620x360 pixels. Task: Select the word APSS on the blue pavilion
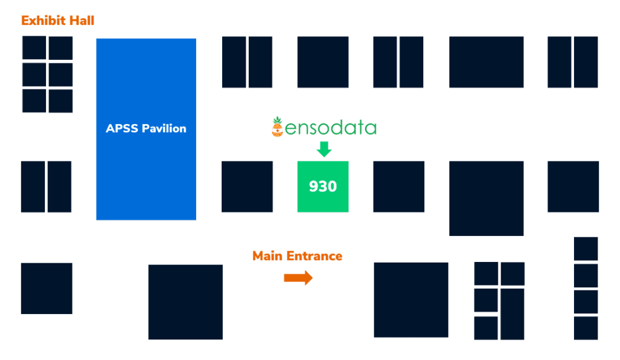click(x=120, y=128)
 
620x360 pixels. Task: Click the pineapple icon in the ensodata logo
click(x=277, y=126)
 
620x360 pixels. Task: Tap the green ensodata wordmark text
click(x=331, y=128)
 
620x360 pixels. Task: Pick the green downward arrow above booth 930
click(x=325, y=149)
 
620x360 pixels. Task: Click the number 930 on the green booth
click(x=323, y=186)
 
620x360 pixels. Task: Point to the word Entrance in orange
click(x=314, y=256)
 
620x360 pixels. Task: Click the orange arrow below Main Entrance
click(x=298, y=278)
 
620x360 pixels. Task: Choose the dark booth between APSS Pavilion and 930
click(x=247, y=186)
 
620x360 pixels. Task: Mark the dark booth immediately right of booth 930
click(x=398, y=186)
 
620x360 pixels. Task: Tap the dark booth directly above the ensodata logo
click(x=323, y=62)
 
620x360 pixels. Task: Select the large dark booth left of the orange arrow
click(x=185, y=302)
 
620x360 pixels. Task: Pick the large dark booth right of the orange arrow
click(x=411, y=299)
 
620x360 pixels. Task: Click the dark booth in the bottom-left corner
click(x=47, y=288)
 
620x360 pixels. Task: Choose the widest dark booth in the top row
click(x=486, y=62)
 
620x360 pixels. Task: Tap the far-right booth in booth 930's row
click(x=573, y=186)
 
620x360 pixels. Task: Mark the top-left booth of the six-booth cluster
click(x=34, y=48)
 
